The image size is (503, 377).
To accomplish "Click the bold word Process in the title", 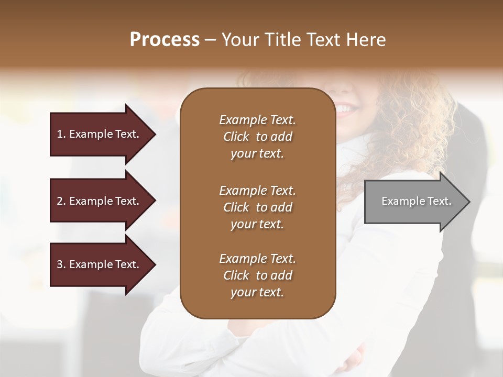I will pyautogui.click(x=165, y=40).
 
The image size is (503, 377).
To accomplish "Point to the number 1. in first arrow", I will pyautogui.click(x=61, y=134).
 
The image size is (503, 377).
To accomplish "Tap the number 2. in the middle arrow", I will pyautogui.click(x=61, y=201).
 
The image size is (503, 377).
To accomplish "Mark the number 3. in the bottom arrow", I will pyautogui.click(x=61, y=264).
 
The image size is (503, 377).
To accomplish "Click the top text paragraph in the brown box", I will pyautogui.click(x=257, y=137).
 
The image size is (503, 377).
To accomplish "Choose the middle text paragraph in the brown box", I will pyautogui.click(x=257, y=207).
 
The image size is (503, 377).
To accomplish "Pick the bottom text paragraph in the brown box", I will pyautogui.click(x=257, y=275).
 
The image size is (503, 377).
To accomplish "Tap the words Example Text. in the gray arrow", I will pyautogui.click(x=417, y=201).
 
